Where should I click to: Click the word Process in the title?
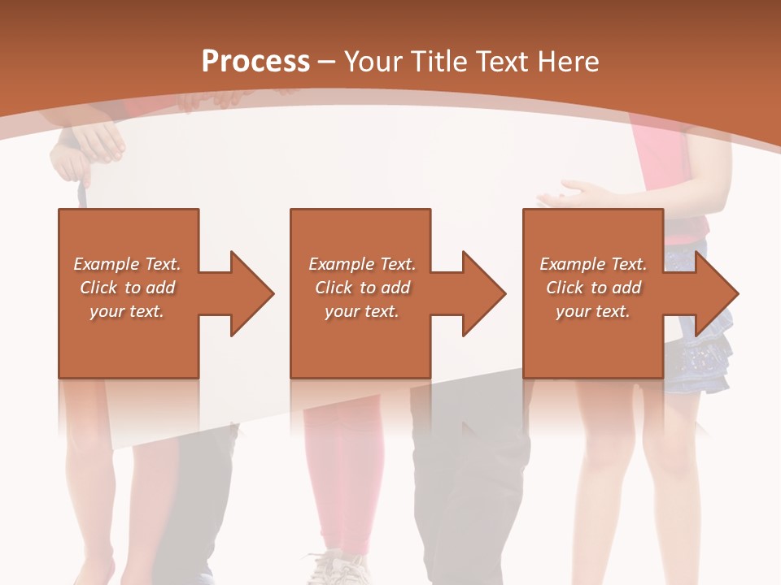pos(255,62)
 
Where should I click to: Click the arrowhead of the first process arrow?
pos(252,293)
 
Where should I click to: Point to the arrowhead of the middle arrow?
pos(484,293)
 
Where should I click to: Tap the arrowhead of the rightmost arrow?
pos(717,293)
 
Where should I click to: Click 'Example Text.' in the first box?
pos(127,264)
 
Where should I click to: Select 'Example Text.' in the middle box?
pos(361,264)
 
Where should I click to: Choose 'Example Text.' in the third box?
pos(593,264)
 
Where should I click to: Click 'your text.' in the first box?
pos(127,311)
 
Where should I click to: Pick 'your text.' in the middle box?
pos(361,311)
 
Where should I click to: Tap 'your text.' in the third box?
pos(593,311)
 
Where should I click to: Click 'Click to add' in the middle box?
pos(361,288)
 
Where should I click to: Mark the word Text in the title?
pos(504,62)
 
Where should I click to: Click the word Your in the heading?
pos(370,62)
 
